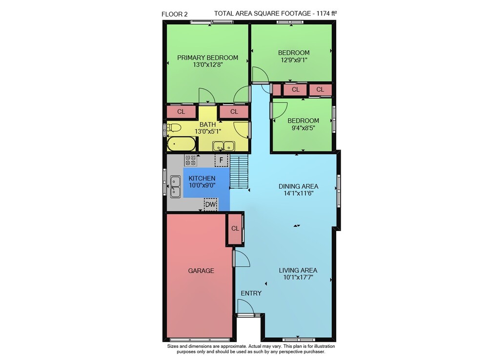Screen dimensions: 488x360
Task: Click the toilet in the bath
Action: click(174, 127)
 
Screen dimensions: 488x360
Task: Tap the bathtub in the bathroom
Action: click(181, 144)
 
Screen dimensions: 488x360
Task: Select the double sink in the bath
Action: click(224, 146)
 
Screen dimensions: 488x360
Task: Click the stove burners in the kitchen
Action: click(190, 160)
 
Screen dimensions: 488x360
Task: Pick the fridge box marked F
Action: click(221, 160)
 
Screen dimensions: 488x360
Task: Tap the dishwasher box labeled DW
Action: click(210, 205)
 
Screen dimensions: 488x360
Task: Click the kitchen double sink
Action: click(175, 187)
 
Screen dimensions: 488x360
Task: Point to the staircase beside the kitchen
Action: click(239, 171)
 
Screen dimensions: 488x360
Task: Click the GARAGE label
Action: click(201, 271)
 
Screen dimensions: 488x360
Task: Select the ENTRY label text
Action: click(251, 294)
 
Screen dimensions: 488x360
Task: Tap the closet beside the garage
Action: click(235, 229)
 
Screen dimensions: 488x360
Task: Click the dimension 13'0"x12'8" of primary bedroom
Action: click(208, 65)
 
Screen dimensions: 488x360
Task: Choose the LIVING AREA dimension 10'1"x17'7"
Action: click(298, 277)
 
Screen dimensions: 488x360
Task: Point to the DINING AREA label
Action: click(298, 186)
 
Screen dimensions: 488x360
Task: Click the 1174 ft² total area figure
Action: click(326, 13)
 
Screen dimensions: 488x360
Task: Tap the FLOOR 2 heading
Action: click(175, 14)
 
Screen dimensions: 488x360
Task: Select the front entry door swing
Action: click(245, 306)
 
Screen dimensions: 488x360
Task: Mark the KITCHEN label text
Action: click(202, 178)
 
